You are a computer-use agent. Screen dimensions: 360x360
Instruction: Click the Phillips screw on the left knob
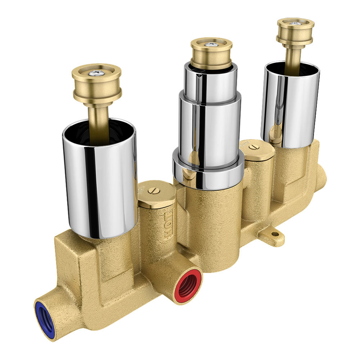(96, 73)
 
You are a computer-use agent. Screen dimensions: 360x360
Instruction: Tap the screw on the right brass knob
(296, 23)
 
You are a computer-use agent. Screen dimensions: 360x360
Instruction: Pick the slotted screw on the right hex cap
(256, 147)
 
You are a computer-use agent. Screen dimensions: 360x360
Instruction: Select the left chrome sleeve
(100, 180)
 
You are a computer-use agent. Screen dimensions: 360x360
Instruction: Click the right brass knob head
(296, 32)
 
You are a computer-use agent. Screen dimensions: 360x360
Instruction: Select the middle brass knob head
(211, 54)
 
